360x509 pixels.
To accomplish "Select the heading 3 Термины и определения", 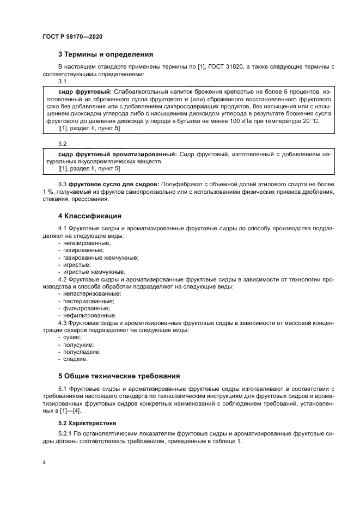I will tap(105, 54).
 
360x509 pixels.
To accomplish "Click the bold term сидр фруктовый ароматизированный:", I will tap(117, 154).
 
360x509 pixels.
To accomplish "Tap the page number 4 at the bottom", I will tap(44, 463).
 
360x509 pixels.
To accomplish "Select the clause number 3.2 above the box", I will tap(62, 144).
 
